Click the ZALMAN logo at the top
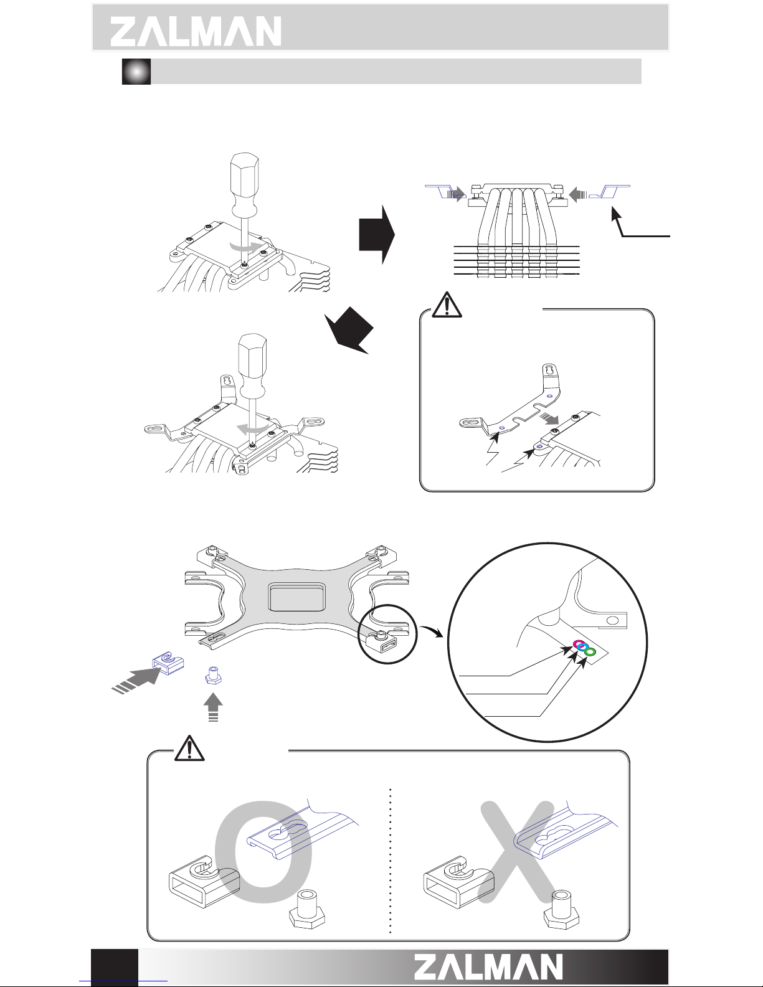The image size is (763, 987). pos(196,31)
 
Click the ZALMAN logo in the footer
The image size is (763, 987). pos(488,967)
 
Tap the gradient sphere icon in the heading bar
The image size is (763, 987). pos(136,72)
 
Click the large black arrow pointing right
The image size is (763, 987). pos(377,234)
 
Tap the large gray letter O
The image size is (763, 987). pos(263,849)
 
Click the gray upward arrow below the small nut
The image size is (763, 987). pos(214,706)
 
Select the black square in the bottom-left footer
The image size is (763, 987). pos(115,967)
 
